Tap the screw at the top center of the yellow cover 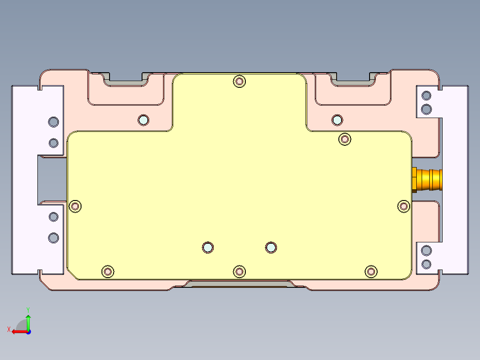[240, 81]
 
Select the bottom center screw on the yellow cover [240, 271]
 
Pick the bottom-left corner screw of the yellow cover [108, 271]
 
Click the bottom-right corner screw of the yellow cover [371, 271]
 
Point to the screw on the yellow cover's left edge [76, 206]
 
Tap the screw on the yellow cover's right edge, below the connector [403, 206]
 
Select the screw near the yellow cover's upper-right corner [345, 139]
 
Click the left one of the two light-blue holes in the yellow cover [207, 247]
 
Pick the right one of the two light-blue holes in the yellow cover [271, 247]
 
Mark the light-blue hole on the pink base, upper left [143, 120]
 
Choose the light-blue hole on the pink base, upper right [337, 120]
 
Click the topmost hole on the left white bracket [53, 122]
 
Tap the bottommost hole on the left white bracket [53, 237]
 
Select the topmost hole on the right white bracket [426, 95]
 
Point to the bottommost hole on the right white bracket [426, 264]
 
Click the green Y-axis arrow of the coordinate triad [28, 320]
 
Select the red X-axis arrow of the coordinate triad [16, 331]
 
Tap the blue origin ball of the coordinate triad [28, 331]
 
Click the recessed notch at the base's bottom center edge [240, 284]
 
